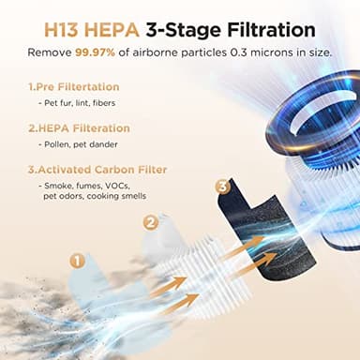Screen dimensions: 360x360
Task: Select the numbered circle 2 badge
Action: coord(150,222)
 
